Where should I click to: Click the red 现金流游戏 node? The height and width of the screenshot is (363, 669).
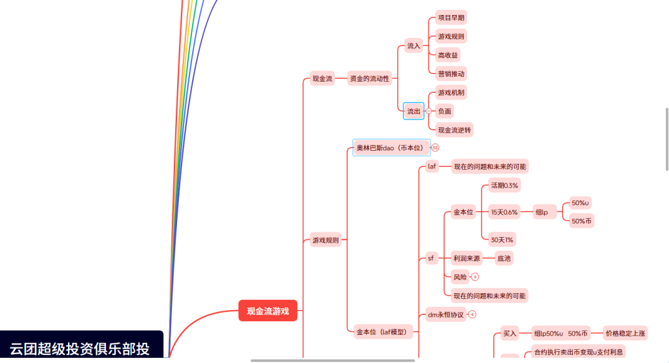pyautogui.click(x=268, y=311)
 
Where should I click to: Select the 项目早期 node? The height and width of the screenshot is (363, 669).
pyautogui.click(x=451, y=18)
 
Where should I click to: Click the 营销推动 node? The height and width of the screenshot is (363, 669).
pyautogui.click(x=451, y=74)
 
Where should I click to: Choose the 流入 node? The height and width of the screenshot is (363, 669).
pyautogui.click(x=414, y=46)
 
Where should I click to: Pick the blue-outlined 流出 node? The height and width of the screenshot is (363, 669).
pyautogui.click(x=414, y=111)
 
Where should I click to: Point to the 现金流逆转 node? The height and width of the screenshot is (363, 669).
pyautogui.click(x=454, y=130)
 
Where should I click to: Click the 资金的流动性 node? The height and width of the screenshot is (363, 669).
pyautogui.click(x=369, y=78)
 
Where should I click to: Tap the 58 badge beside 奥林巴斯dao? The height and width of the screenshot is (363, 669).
pyautogui.click(x=435, y=148)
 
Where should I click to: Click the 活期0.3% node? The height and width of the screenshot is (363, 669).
pyautogui.click(x=504, y=185)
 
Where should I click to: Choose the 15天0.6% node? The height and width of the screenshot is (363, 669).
pyautogui.click(x=504, y=212)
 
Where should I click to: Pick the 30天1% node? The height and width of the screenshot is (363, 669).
pyautogui.click(x=502, y=238)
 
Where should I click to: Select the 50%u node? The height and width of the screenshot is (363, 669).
pyautogui.click(x=579, y=202)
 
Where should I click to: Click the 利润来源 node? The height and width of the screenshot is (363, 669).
pyautogui.click(x=466, y=259)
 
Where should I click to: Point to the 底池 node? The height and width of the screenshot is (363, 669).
pyautogui.click(x=504, y=259)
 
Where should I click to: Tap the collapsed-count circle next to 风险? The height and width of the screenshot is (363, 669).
pyautogui.click(x=475, y=277)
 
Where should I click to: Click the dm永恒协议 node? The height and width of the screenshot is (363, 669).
pyautogui.click(x=445, y=315)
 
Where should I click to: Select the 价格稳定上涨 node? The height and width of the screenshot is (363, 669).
pyautogui.click(x=625, y=334)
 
